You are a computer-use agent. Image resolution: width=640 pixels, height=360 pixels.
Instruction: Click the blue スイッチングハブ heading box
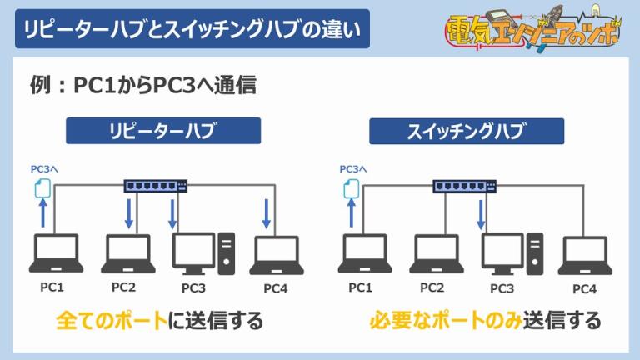pos(467,131)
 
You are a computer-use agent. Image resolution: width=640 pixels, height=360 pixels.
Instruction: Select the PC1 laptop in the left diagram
pos(55,253)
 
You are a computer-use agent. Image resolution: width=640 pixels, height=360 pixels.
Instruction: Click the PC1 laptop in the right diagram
pos(364,253)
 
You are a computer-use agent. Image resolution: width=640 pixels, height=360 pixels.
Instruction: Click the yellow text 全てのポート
pos(111,321)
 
